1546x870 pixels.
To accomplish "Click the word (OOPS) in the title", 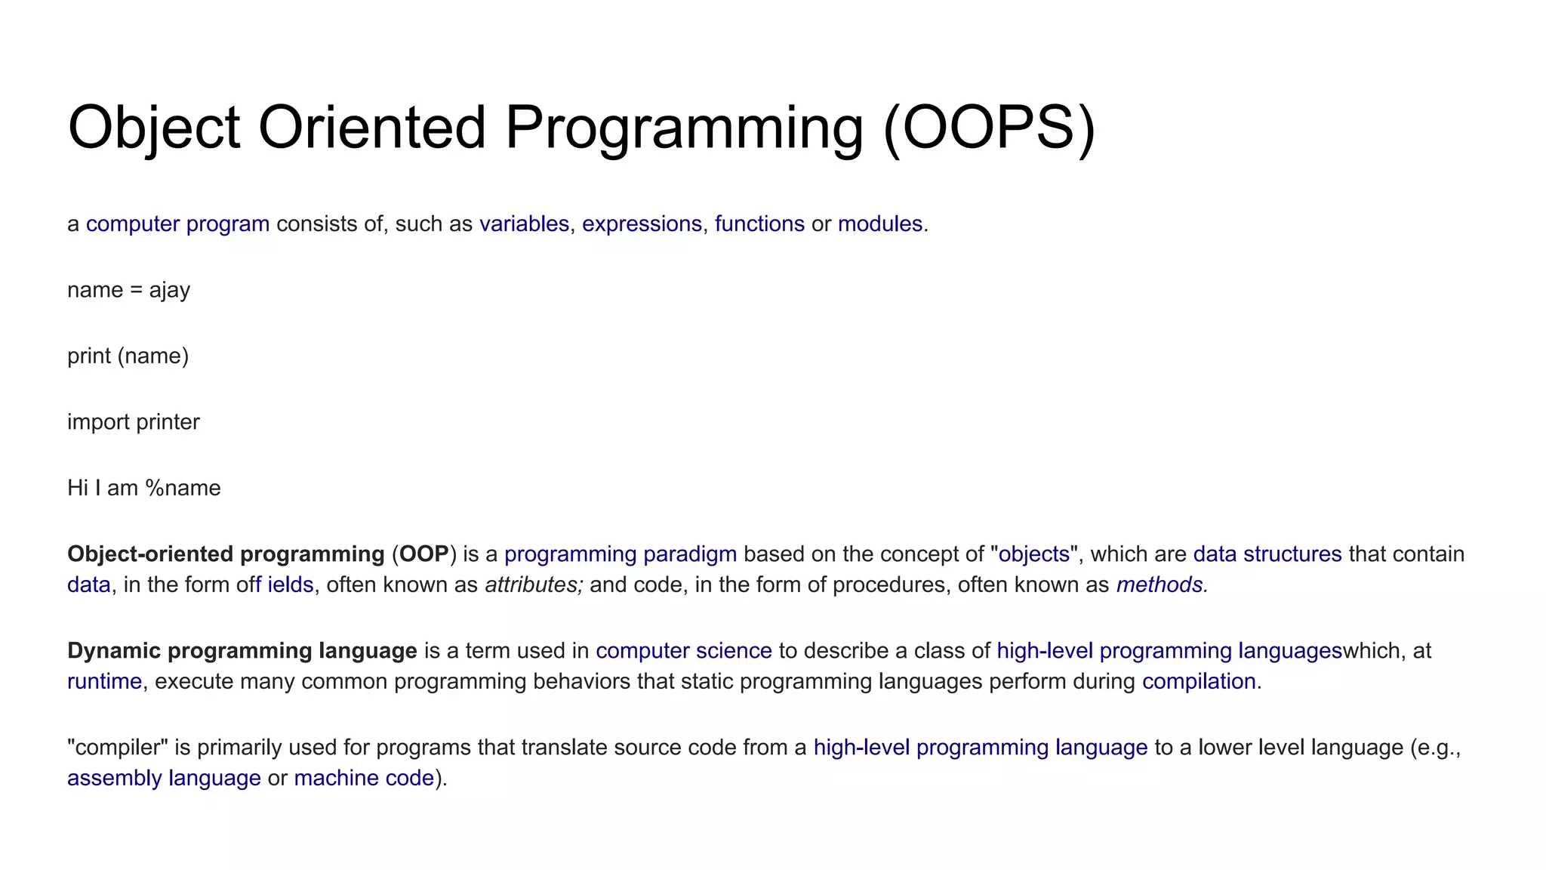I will click(x=989, y=128).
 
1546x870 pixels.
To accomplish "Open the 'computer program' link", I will click(x=177, y=224).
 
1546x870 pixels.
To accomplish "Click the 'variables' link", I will click(x=524, y=224).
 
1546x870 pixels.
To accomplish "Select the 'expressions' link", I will click(x=642, y=224).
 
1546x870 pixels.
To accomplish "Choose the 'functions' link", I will click(x=759, y=224).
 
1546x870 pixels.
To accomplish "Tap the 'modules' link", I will click(x=880, y=224).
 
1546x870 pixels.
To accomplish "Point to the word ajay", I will click(x=169, y=290).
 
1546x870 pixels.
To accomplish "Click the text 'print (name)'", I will click(x=128, y=356).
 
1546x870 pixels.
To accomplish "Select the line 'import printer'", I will click(x=134, y=421).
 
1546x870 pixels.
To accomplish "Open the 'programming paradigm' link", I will click(x=620, y=554).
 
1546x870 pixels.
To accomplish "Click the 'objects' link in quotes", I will click(x=1033, y=554).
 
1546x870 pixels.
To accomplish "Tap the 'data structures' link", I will click(x=1267, y=554).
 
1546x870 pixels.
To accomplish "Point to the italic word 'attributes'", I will click(x=532, y=585).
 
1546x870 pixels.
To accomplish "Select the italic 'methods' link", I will click(x=1159, y=585).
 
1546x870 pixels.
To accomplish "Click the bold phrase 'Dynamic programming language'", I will click(x=242, y=650).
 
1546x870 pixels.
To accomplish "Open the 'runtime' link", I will click(x=104, y=681).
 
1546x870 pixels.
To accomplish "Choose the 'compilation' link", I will click(x=1198, y=681).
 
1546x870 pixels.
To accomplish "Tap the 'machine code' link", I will click(x=364, y=778).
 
